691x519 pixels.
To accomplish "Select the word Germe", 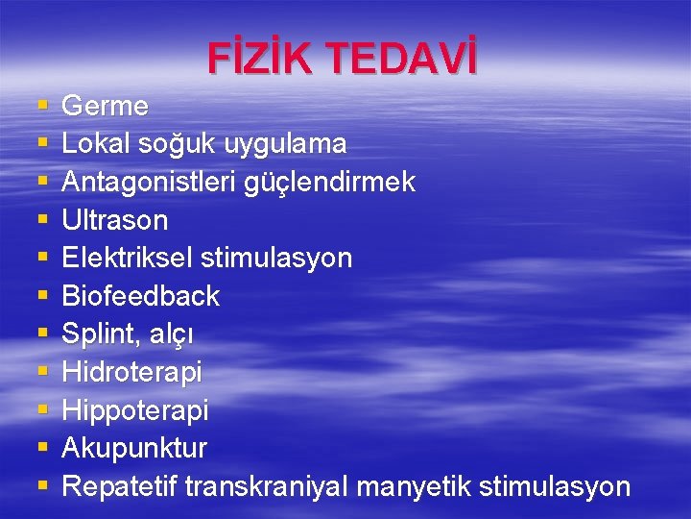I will pos(105,106).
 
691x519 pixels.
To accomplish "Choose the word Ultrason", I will pos(114,220).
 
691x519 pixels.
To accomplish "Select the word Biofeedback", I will pos(140,296).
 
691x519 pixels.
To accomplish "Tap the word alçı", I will pos(165,334).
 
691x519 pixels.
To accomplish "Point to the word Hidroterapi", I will pos(131,372).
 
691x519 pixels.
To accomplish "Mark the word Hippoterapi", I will pos(134,410).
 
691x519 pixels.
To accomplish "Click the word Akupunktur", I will pos(134,448).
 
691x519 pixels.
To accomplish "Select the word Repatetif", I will pos(120,486).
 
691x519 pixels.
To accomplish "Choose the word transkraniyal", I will pos(267,486).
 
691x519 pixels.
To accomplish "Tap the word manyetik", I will pos(413,486).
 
